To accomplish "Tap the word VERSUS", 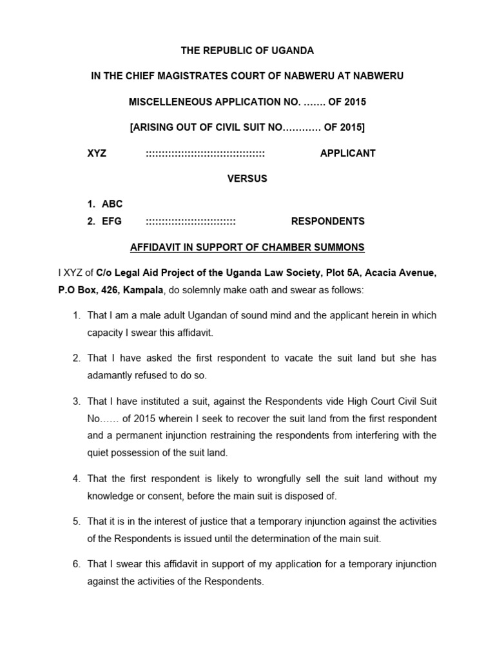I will coord(247,179).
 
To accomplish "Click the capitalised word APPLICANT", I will coord(347,153).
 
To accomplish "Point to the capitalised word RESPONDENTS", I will coord(327,221).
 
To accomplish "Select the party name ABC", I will coord(112,204).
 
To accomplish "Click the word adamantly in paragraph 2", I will coord(110,374).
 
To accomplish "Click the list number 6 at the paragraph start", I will coord(76,564).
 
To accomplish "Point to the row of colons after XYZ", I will coord(205,153).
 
